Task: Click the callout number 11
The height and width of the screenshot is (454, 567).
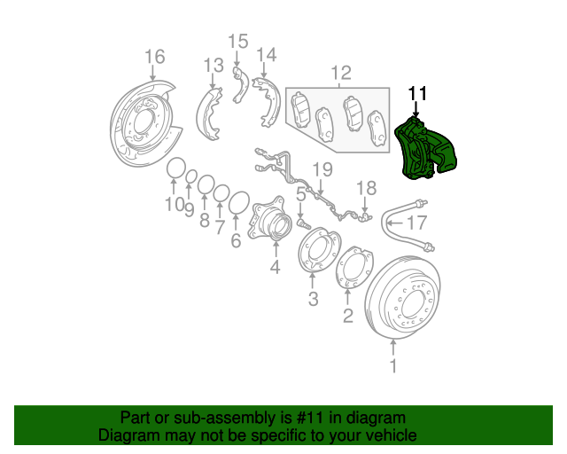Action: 417,93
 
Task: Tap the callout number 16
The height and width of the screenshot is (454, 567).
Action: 154,58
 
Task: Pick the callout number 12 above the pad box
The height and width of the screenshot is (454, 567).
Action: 340,72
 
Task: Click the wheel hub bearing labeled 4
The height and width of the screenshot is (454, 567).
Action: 268,221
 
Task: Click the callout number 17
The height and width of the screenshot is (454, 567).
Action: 416,223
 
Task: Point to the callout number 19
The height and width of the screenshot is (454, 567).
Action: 322,169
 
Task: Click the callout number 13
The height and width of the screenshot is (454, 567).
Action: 213,66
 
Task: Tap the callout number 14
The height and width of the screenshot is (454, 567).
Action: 267,56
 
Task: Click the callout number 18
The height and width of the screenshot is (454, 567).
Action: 366,187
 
